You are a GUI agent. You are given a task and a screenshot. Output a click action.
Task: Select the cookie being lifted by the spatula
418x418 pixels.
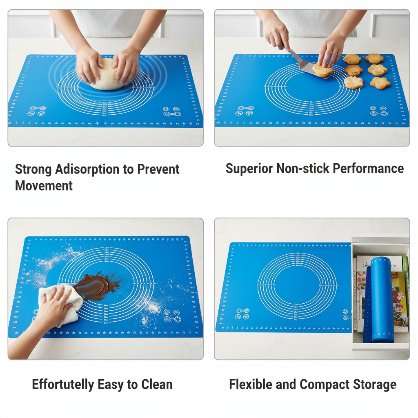(322, 71)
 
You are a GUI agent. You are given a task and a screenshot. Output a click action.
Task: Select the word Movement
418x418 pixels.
(44, 186)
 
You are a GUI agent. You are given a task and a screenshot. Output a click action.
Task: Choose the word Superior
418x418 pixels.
(249, 169)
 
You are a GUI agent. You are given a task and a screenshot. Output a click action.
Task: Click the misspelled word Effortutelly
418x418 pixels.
(63, 385)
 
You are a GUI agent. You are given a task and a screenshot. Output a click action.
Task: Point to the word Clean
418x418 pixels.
(157, 385)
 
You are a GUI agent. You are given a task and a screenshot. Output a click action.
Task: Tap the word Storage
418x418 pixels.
(375, 385)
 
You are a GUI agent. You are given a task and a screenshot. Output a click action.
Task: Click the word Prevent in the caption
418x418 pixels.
(158, 169)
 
